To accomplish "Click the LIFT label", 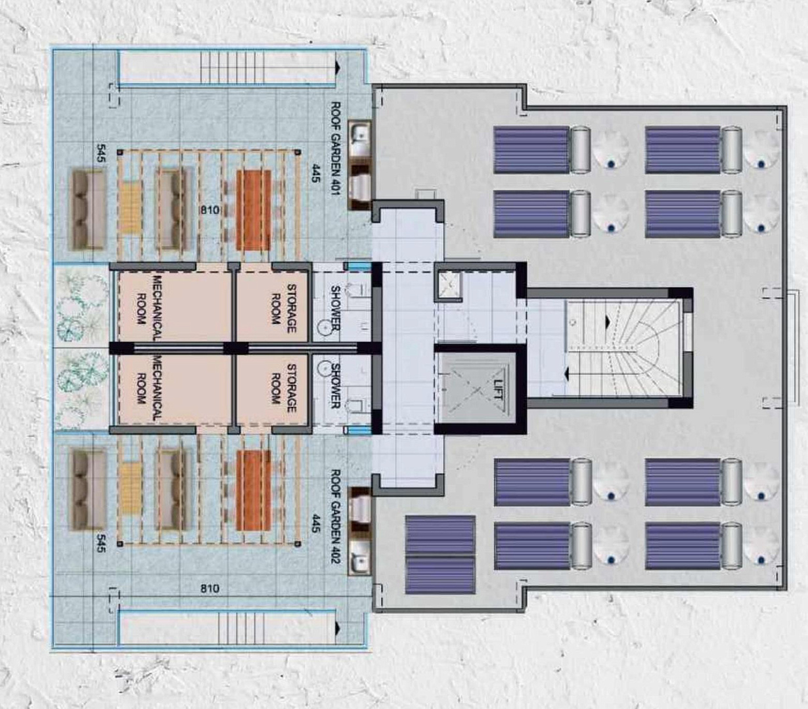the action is click(497, 389).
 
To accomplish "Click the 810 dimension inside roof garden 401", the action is click(210, 210).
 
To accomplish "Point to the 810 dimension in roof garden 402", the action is click(210, 588).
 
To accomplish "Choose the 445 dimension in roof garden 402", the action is click(315, 524).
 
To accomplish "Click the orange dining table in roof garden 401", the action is click(254, 210).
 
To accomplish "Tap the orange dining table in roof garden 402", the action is click(254, 490).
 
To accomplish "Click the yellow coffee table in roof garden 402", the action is click(129, 490).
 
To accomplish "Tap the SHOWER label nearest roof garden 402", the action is click(336, 385).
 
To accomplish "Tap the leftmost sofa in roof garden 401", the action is click(88, 209).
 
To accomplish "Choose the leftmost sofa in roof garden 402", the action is click(88, 490).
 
